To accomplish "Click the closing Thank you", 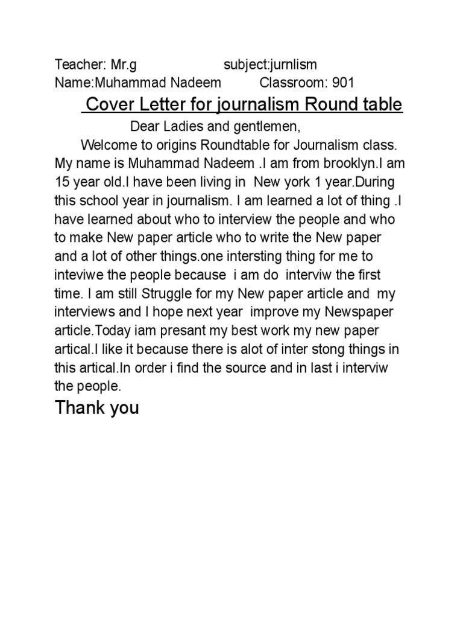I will (x=96, y=408).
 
